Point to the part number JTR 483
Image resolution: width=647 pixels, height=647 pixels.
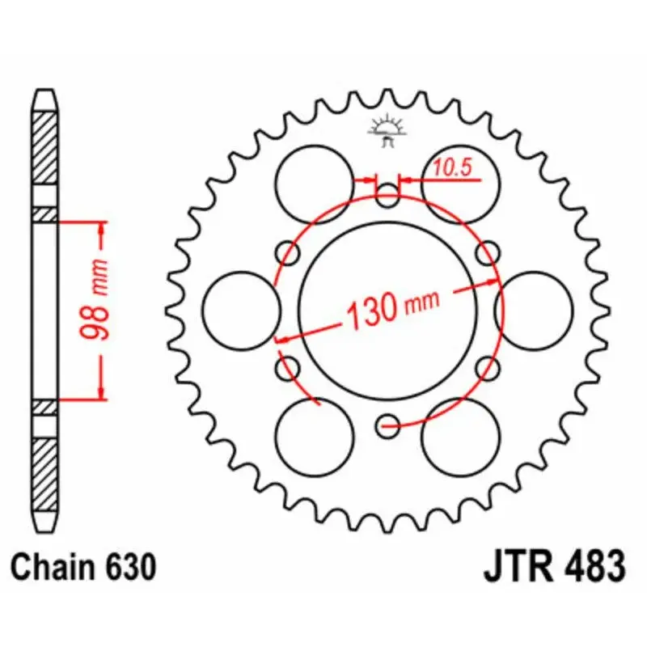(555, 566)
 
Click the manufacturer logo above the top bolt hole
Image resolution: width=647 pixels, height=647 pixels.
(387, 130)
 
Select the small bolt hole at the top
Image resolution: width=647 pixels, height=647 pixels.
(387, 192)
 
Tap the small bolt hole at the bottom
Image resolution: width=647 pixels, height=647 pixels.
(387, 423)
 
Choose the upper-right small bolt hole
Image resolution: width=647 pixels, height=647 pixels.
(488, 254)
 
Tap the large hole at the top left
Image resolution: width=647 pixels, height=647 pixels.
(315, 184)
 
